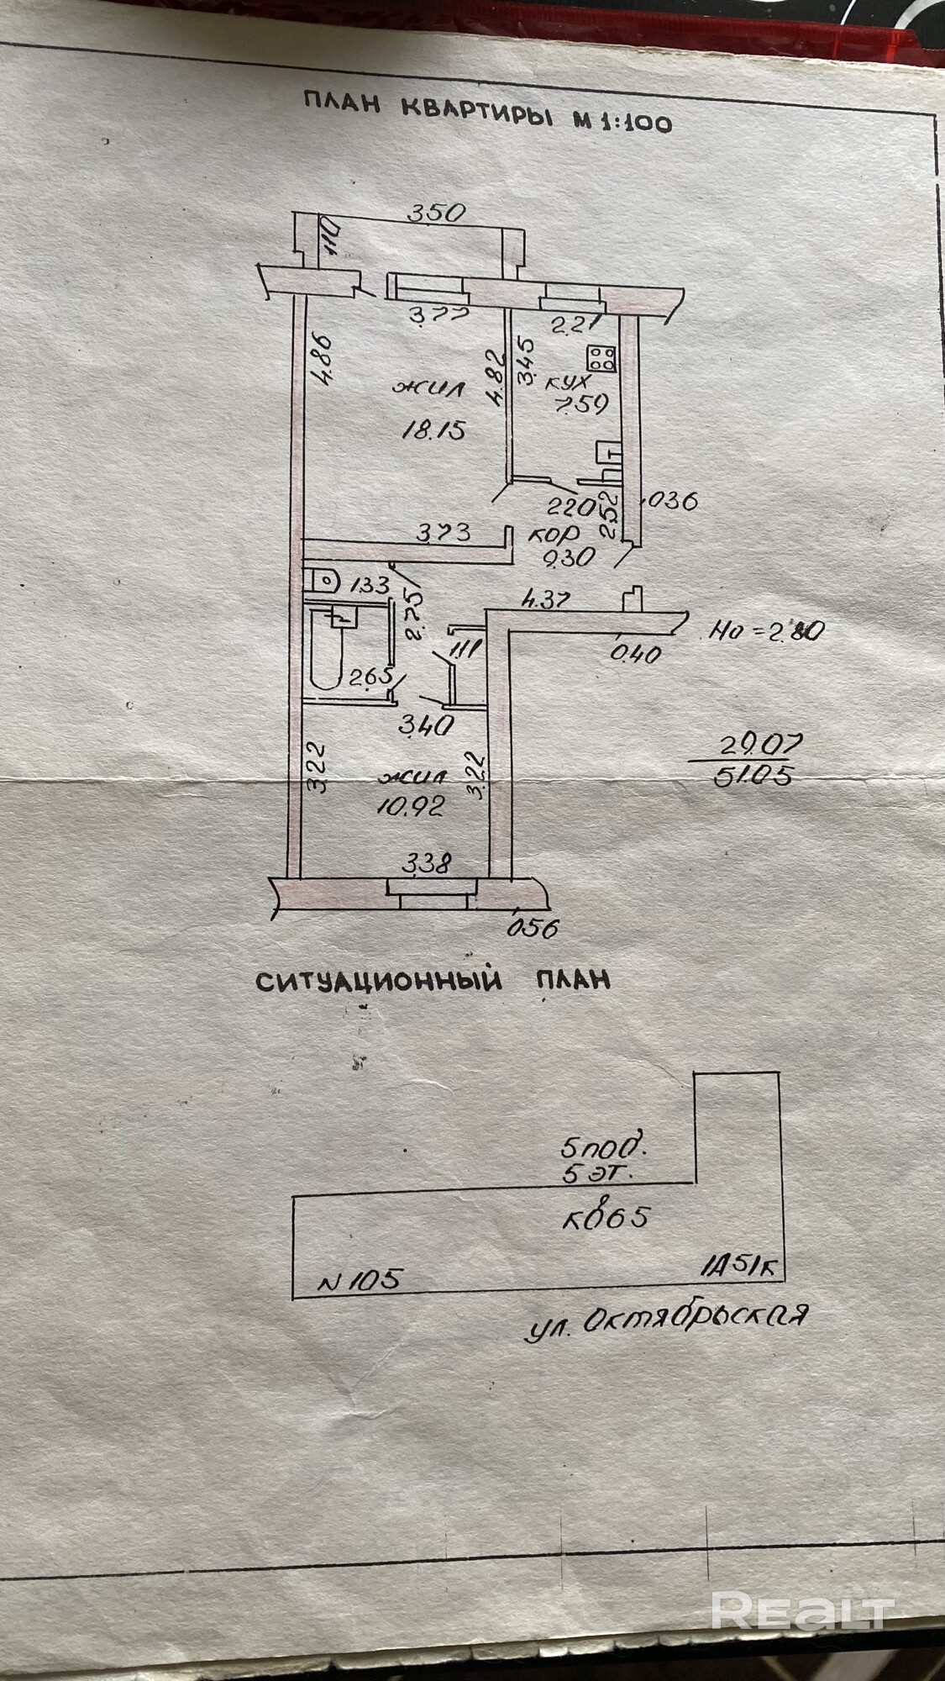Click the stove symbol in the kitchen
click(602, 359)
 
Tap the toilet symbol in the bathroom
click(322, 579)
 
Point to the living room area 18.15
click(433, 431)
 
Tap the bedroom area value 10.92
click(412, 808)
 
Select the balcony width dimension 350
click(436, 213)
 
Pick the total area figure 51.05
click(752, 777)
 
